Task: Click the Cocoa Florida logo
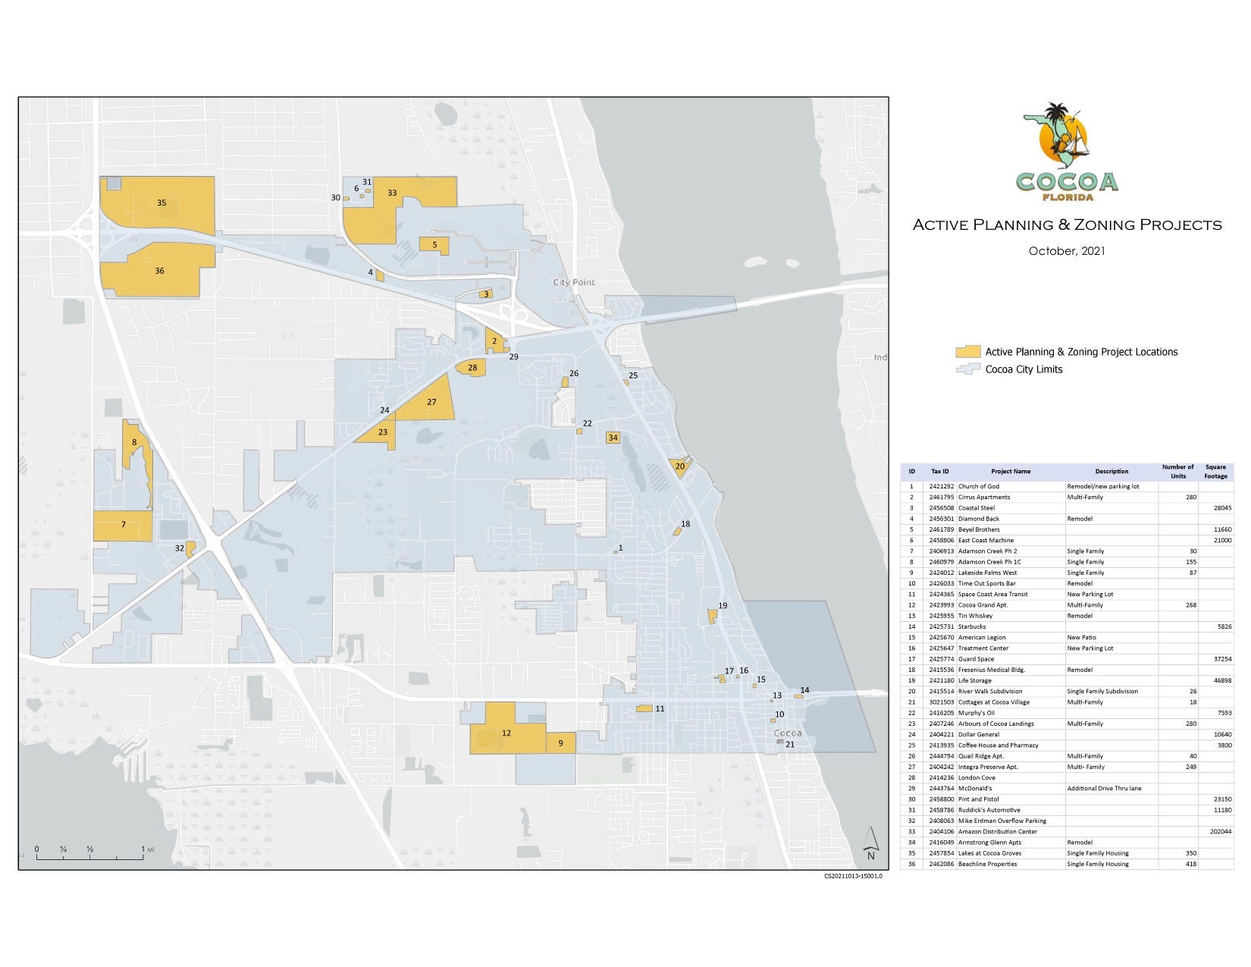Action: point(1066,152)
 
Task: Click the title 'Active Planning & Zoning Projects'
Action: point(1067,224)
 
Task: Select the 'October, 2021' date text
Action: point(1066,250)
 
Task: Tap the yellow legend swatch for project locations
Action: point(967,352)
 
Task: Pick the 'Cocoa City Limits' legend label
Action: point(1024,369)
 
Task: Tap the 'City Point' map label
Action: point(574,282)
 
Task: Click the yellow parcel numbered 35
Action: point(161,203)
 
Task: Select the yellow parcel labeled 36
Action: point(159,271)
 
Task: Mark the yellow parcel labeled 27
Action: point(431,402)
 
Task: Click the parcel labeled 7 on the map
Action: point(123,525)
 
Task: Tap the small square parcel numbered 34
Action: point(613,438)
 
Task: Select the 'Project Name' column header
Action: point(1011,471)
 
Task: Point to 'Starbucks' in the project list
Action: point(972,626)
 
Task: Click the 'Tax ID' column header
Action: point(940,471)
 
